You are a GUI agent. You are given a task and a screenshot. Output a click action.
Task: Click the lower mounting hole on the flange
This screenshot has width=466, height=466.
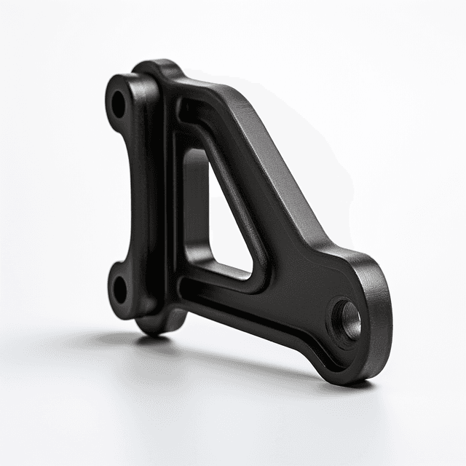click(x=119, y=288)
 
